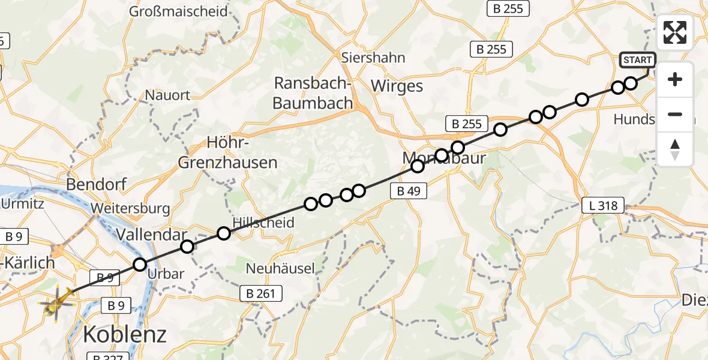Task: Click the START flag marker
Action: pos(637,60)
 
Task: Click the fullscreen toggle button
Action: pos(675,32)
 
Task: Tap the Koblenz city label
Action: pos(125,334)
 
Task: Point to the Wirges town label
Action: pos(397,86)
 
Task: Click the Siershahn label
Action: pos(373,58)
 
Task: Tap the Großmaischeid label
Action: pos(179,11)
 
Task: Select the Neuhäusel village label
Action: pos(280,268)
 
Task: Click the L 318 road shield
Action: pos(603,205)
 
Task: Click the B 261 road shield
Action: pos(260,293)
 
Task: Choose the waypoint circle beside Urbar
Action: pos(140,264)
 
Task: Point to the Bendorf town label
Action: pos(98,184)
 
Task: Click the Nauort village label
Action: pos(167,95)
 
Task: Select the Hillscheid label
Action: pos(263,223)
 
